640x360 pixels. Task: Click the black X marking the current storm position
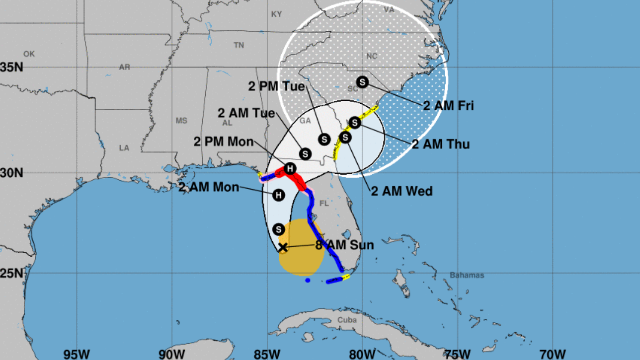pos(283,247)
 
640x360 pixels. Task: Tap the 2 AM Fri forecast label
pos(448,105)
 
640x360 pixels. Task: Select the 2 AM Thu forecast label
pos(441,144)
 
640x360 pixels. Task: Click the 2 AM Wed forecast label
pos(402,191)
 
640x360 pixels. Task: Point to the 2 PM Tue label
pos(276,86)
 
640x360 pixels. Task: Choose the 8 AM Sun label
pos(345,245)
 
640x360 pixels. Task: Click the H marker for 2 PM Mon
pos(290,168)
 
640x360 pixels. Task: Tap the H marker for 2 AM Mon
pos(279,195)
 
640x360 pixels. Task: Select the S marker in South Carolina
pos(362,82)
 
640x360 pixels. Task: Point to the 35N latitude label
pos(11,67)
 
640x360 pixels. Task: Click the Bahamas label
pos(467,275)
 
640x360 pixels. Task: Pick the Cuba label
pos(347,320)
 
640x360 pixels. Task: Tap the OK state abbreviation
pos(29,54)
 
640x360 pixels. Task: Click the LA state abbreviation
pos(124,147)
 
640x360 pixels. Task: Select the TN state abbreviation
pos(239,45)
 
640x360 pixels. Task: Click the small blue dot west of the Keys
pos(308,281)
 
